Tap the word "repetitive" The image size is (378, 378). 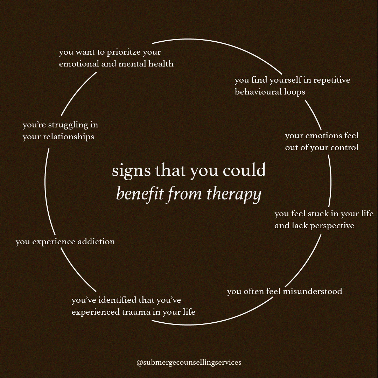(x=331, y=80)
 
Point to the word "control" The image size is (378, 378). (x=344, y=148)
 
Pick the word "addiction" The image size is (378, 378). (x=96, y=241)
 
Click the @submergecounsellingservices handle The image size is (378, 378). (x=189, y=363)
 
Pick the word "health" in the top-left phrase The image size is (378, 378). (x=160, y=64)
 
